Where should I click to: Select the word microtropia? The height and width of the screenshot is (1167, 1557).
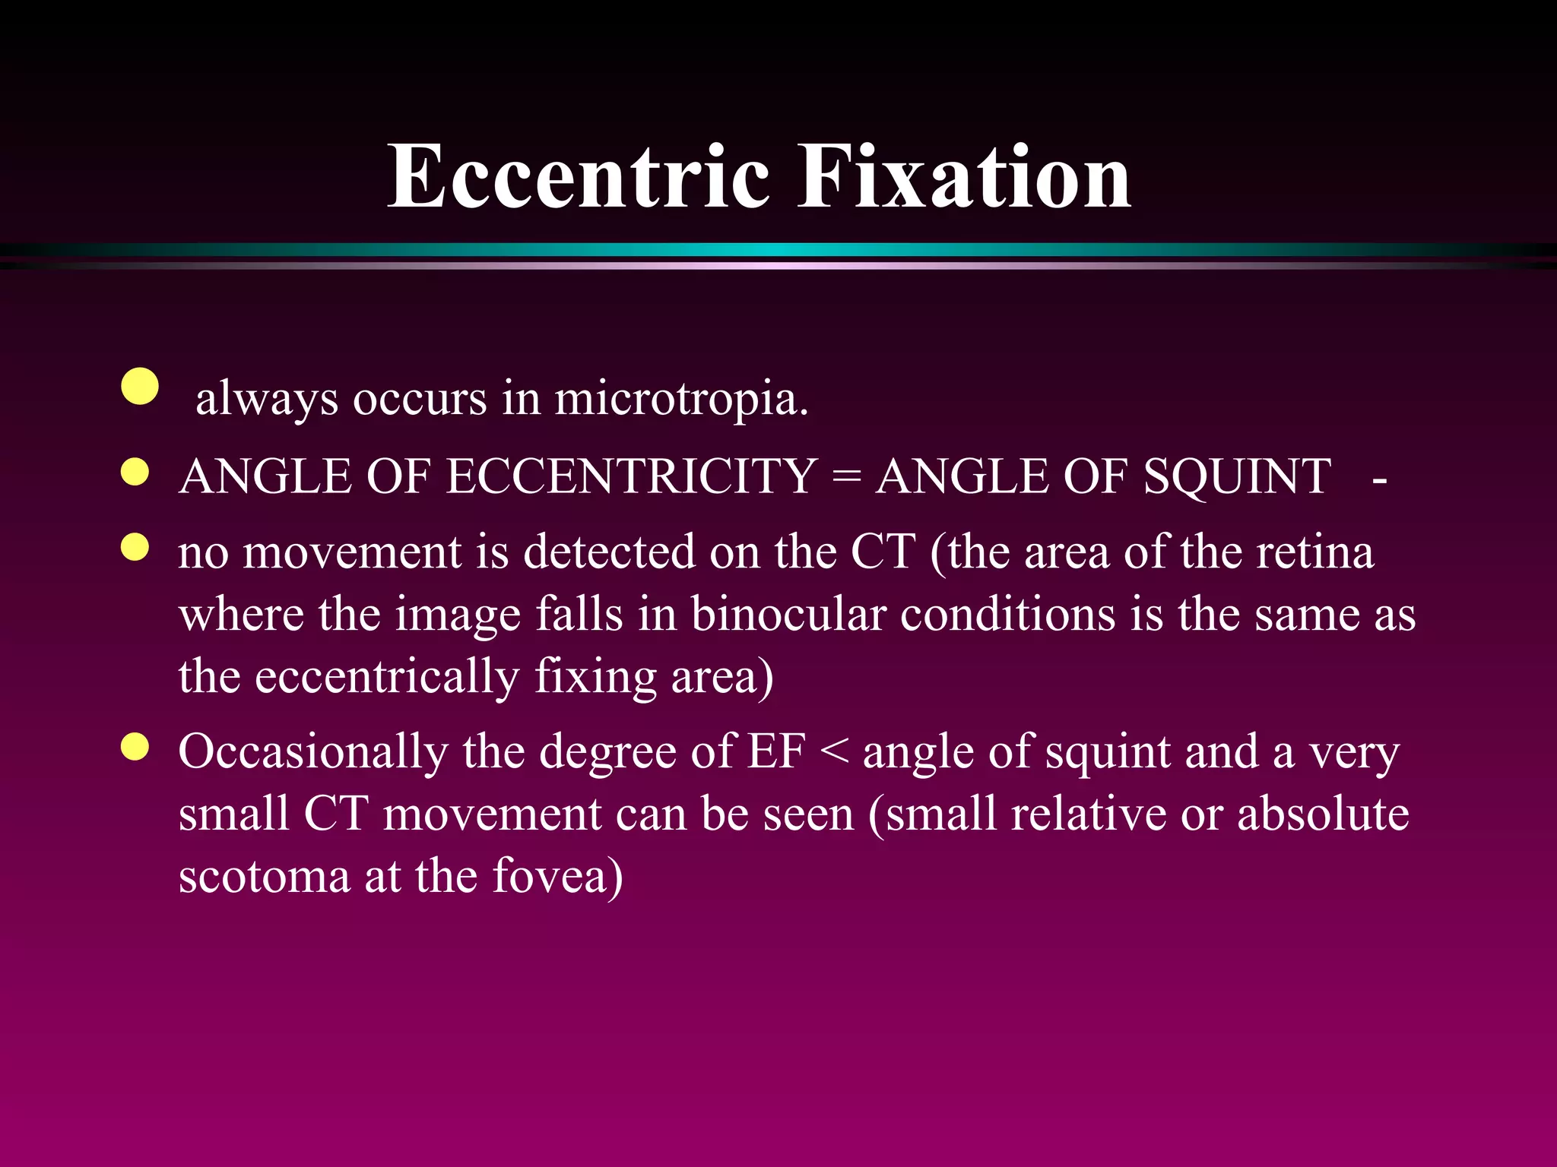coord(680,398)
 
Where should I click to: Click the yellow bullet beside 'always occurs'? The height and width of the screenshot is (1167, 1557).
coord(140,387)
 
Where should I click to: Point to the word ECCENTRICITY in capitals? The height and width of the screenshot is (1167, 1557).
coord(632,477)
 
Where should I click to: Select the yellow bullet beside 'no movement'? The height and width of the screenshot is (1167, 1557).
coord(135,547)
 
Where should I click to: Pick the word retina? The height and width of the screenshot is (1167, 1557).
coord(1315,552)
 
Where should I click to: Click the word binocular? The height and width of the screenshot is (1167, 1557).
coord(788,615)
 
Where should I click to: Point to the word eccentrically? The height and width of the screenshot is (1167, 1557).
coord(387,677)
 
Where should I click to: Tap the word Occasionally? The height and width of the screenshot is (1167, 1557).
coord(312,752)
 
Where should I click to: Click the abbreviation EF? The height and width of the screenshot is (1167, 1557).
coord(776,752)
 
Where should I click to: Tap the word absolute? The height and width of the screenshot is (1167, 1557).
coord(1323,814)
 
